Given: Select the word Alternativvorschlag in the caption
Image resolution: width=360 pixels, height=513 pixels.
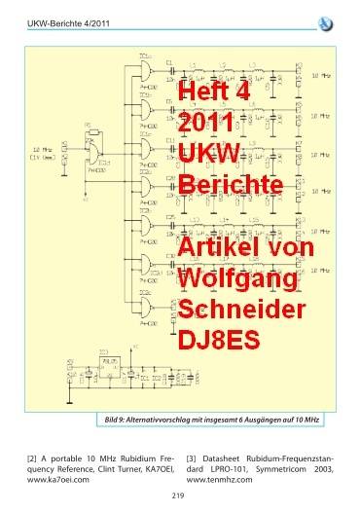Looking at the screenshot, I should tap(169, 419).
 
